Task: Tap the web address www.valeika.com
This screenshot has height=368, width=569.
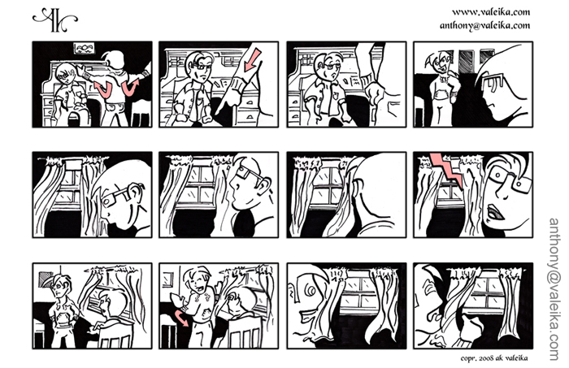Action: tap(491, 12)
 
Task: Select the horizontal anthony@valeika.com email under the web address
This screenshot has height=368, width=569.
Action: tap(484, 25)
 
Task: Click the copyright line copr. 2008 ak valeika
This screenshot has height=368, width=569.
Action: tap(494, 358)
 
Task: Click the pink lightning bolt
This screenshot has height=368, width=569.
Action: tap(446, 171)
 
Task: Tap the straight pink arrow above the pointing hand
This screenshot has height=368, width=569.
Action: tap(252, 60)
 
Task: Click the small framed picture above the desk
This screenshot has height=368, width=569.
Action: tap(84, 48)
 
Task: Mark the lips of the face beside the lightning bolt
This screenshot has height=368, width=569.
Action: tap(494, 212)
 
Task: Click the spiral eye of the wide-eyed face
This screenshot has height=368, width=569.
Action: tap(311, 290)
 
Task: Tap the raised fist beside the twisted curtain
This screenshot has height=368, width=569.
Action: tap(471, 327)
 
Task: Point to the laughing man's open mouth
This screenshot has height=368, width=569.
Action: tap(198, 289)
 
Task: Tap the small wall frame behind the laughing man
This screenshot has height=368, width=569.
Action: tap(167, 279)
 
